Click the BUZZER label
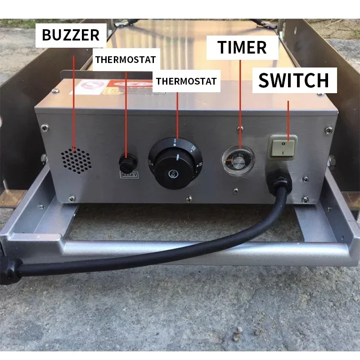(71, 35)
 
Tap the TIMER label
(242, 47)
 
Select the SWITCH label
(294, 81)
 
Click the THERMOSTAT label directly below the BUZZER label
(126, 59)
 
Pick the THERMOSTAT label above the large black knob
(186, 81)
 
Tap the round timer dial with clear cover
(238, 159)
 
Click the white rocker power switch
(283, 147)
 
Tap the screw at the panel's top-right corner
(328, 130)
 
